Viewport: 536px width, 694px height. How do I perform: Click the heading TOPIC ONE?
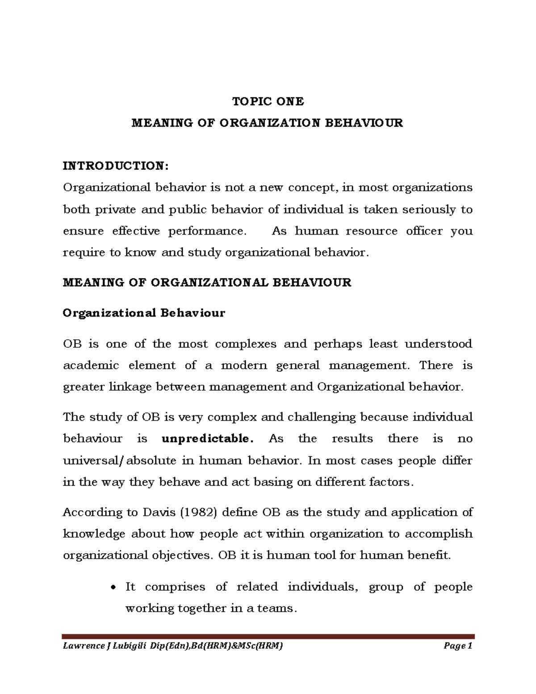268,102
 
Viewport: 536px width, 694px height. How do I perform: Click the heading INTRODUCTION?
116,166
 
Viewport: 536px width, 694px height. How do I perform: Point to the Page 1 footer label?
458,646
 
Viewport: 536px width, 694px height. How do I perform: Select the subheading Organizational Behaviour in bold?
144,313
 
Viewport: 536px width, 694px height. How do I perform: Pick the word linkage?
130,387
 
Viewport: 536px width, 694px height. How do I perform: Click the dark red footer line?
268,636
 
